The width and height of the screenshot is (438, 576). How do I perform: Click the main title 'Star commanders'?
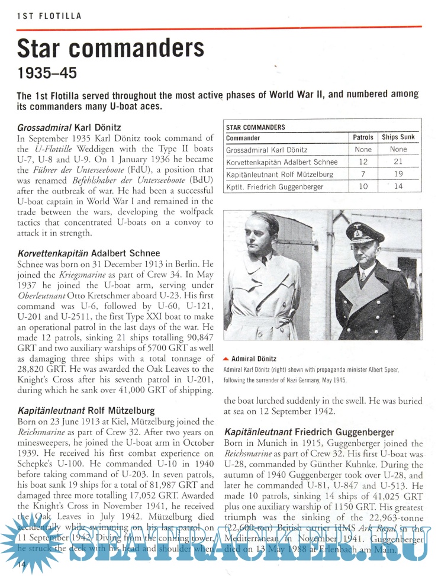[x=110, y=47]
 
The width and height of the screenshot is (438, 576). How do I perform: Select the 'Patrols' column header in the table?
[x=363, y=138]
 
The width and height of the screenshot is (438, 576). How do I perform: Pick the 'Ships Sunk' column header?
[x=398, y=138]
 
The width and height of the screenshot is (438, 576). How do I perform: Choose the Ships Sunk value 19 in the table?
[x=398, y=175]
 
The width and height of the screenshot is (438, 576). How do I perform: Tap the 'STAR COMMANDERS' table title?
[x=256, y=127]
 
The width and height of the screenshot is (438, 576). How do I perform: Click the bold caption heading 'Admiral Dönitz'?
[x=254, y=359]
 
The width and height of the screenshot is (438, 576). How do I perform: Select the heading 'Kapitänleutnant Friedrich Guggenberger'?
[x=309, y=433]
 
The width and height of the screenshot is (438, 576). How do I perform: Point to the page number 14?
[x=21, y=565]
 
